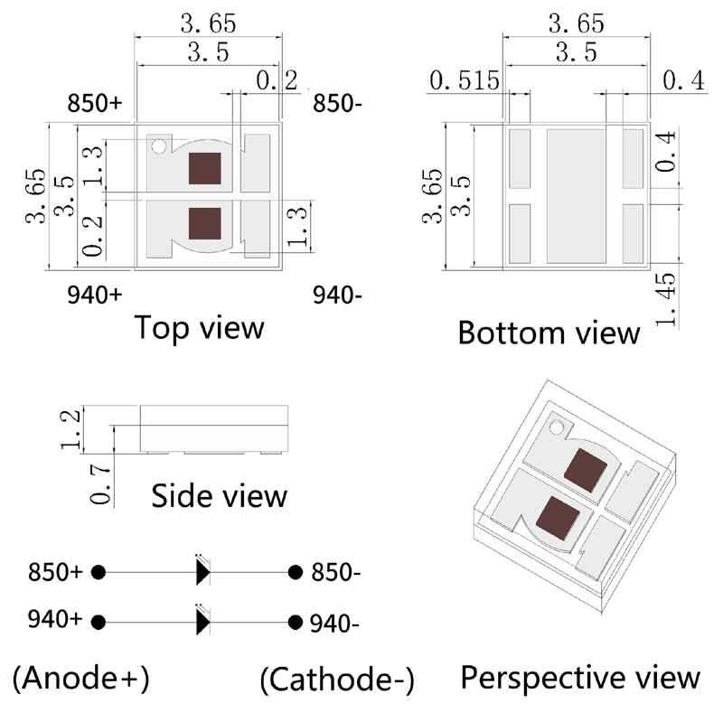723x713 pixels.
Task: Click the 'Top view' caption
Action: [199, 327]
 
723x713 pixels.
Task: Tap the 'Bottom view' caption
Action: [549, 332]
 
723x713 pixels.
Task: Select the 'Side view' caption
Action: [220, 495]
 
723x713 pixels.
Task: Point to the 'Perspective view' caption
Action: [580, 677]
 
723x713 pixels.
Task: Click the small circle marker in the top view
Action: [160, 145]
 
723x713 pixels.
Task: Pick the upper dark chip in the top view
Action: [204, 169]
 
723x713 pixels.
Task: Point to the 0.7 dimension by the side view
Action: [102, 484]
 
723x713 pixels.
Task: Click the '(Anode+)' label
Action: [81, 677]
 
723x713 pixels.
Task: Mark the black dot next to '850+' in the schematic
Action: [99, 572]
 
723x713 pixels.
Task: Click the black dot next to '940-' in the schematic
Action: [295, 622]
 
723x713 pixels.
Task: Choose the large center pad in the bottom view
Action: [576, 194]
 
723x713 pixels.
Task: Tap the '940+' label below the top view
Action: [94, 294]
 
